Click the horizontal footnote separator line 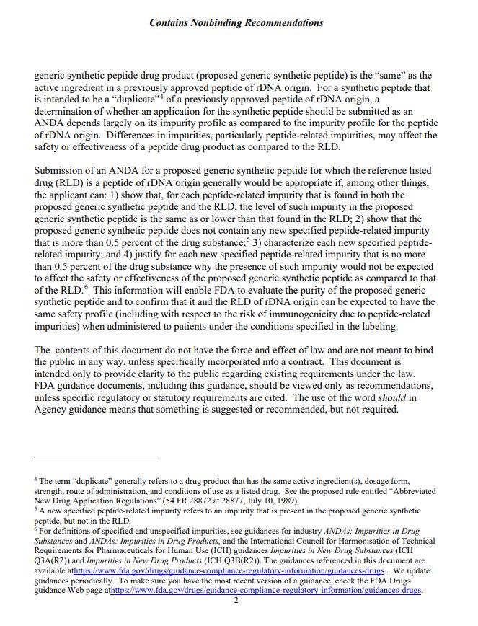pyautogui.click(x=96, y=459)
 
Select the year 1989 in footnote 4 pyautogui.click(x=277, y=501)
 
